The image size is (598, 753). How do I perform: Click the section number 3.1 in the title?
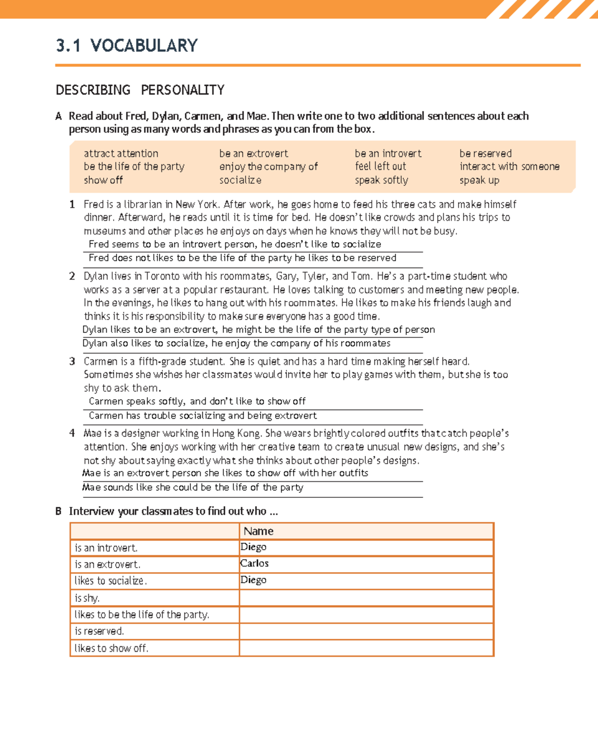(68, 46)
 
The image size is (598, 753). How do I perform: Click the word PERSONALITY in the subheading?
(182, 90)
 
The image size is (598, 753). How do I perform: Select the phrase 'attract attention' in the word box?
(121, 153)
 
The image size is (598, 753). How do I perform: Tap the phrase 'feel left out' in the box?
(380, 166)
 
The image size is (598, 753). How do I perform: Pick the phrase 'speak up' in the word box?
(479, 180)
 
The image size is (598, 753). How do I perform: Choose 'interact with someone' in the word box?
(509, 166)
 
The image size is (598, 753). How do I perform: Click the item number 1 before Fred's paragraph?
(72, 204)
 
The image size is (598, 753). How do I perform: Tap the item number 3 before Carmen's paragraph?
(72, 361)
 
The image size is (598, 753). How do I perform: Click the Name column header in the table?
(259, 531)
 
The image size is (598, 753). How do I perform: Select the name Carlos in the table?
(254, 564)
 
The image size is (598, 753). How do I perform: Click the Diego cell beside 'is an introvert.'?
(253, 547)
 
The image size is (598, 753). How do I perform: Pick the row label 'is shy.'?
(87, 598)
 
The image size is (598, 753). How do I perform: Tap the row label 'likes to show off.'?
(111, 648)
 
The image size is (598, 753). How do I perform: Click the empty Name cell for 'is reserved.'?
(366, 631)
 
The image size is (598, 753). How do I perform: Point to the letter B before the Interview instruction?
(58, 511)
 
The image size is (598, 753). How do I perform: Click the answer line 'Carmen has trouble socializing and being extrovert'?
(203, 416)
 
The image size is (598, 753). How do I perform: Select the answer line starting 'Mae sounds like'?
(193, 487)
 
